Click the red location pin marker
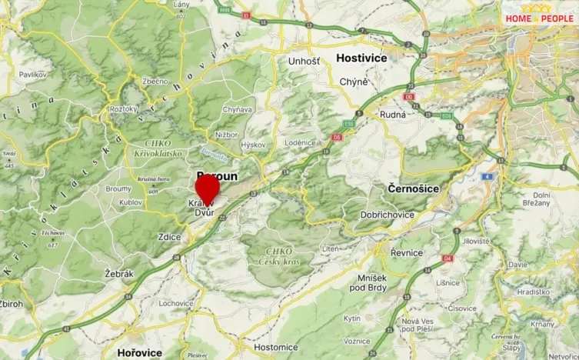click(x=207, y=187)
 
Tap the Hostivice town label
click(x=362, y=58)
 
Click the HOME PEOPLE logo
click(x=538, y=18)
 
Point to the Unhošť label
click(x=304, y=60)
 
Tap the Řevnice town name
click(x=407, y=252)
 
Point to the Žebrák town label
click(x=118, y=274)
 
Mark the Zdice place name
click(x=169, y=238)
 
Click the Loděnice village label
click(x=301, y=142)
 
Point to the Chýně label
click(x=354, y=82)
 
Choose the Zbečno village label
click(x=155, y=81)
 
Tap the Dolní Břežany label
click(x=542, y=198)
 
